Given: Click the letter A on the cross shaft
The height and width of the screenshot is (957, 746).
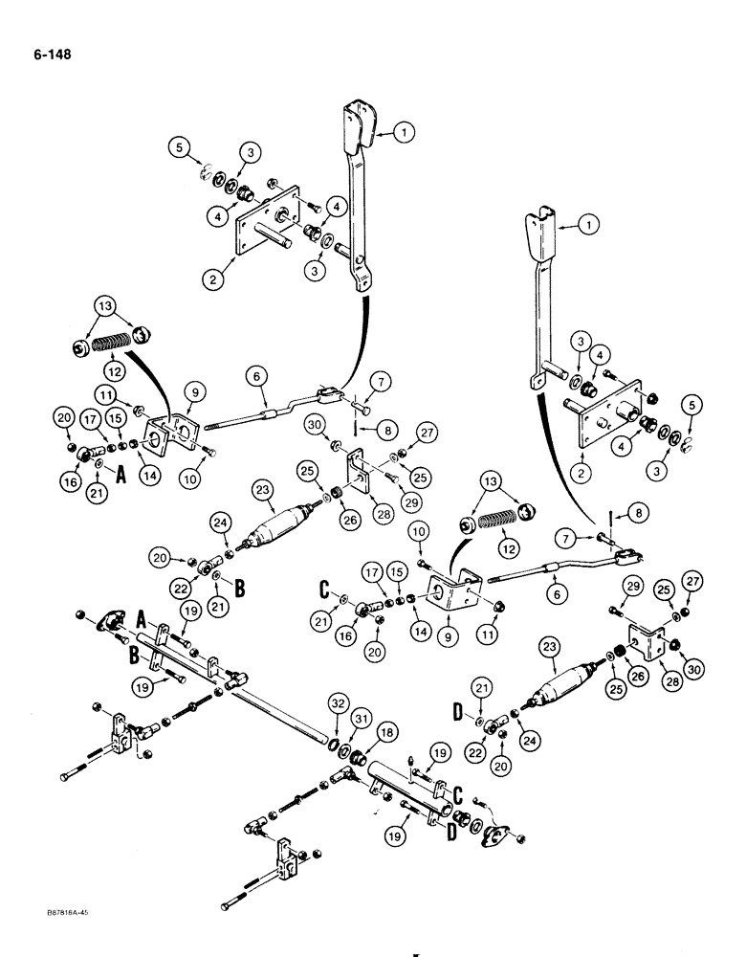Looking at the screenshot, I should coord(142,618).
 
